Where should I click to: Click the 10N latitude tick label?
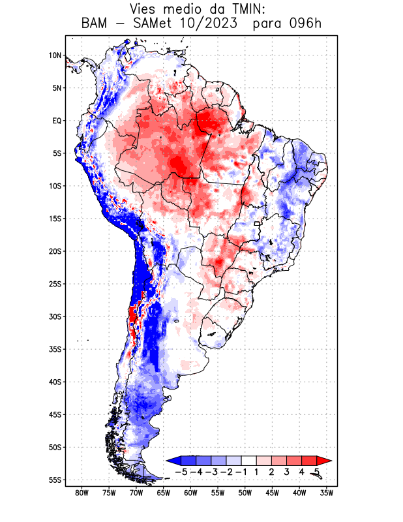point(55,55)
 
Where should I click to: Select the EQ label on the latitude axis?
point(57,121)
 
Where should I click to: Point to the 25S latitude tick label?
point(55,284)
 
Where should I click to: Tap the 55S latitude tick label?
point(55,480)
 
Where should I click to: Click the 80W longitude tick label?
point(82,493)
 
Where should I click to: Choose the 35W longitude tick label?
point(327,493)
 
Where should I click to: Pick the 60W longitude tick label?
point(190,493)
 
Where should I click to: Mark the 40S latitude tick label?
point(55,382)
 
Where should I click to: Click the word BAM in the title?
point(98,24)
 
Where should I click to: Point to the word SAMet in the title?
point(157,24)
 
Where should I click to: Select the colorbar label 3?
point(287,472)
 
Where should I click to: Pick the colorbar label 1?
point(257,472)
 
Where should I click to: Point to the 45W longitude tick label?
point(273,493)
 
